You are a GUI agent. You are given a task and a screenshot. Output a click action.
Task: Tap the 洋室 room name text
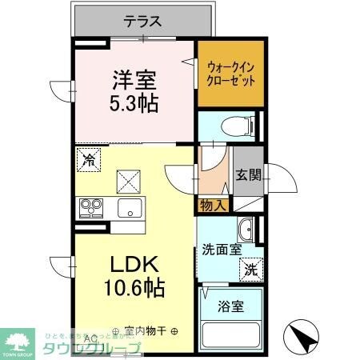tap(133, 79)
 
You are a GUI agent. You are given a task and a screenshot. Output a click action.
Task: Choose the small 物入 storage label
tap(212, 206)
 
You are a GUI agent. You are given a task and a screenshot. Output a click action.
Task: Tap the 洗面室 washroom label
tap(221, 250)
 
